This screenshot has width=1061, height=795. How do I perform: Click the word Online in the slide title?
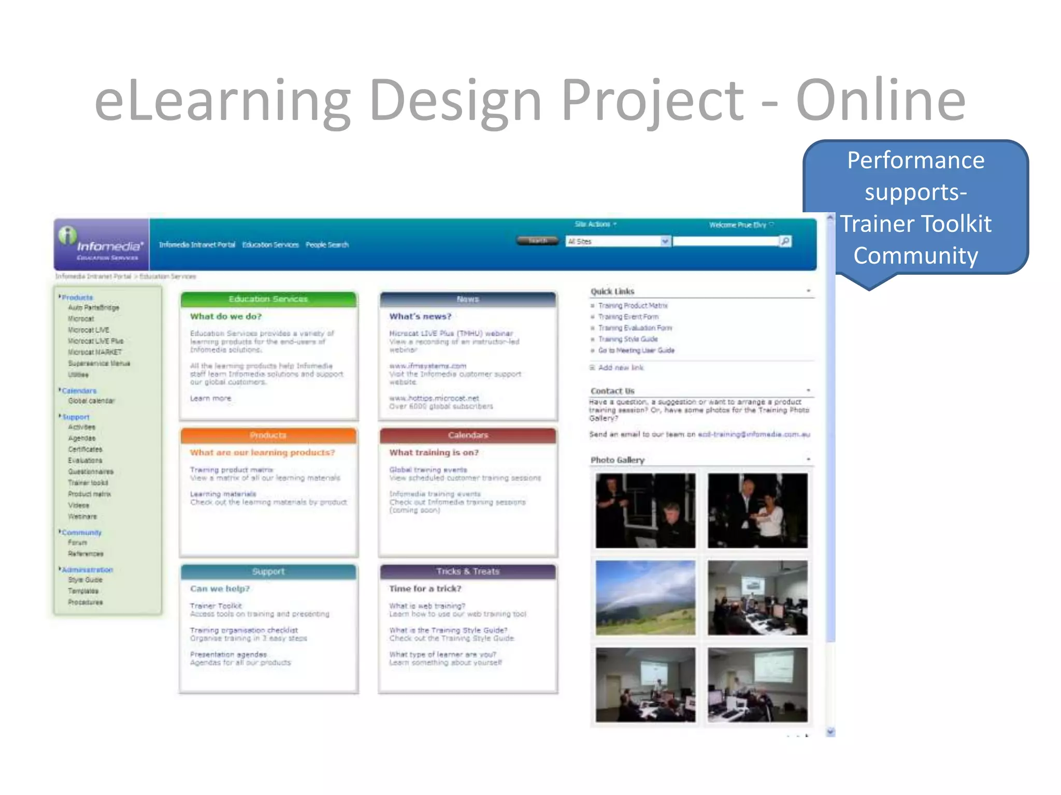tap(880, 100)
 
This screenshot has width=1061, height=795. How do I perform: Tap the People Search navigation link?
tap(327, 245)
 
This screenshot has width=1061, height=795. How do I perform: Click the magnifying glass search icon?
tap(785, 241)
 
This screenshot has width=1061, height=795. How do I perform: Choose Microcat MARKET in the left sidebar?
tap(95, 352)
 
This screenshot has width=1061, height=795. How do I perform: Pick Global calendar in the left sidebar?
tap(91, 401)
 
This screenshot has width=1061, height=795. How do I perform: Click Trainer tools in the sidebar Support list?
tap(88, 483)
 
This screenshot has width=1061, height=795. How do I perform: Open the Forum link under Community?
tap(77, 543)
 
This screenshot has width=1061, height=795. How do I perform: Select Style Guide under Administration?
tap(85, 580)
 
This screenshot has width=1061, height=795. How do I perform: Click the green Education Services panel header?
tap(268, 299)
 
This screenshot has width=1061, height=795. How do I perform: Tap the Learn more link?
tap(210, 399)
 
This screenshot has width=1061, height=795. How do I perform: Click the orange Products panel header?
tap(268, 435)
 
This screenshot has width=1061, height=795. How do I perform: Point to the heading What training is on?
tap(434, 453)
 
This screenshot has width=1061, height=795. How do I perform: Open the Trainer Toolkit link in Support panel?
tap(216, 606)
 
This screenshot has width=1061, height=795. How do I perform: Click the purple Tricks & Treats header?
tap(468, 571)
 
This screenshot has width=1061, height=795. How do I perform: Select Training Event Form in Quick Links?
tap(628, 317)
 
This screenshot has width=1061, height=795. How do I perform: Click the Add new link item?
tap(621, 368)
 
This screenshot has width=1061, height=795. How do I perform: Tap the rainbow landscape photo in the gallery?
tap(645, 598)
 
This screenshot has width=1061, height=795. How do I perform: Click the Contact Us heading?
tap(612, 391)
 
